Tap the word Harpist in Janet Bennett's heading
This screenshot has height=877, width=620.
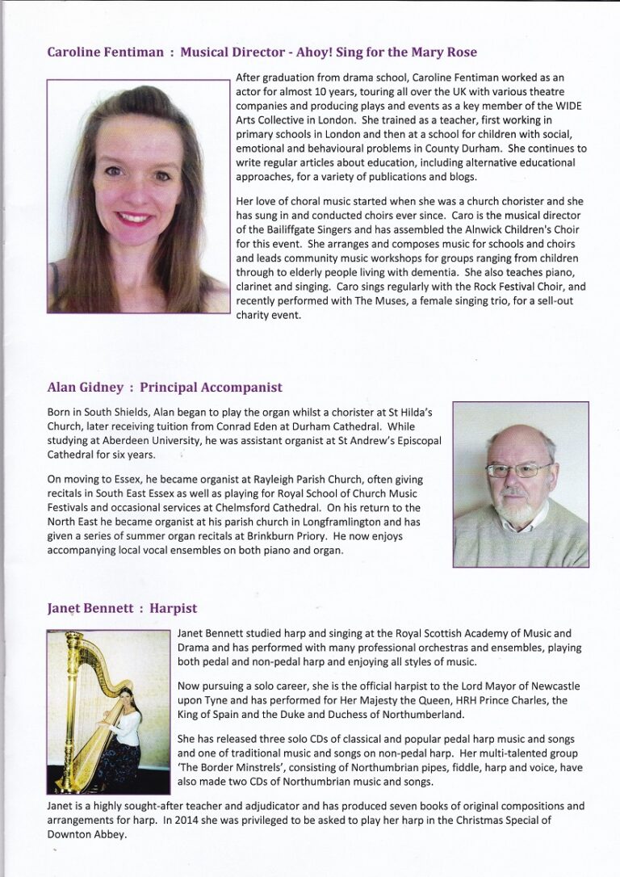click(174, 608)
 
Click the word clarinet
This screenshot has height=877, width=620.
click(258, 287)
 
